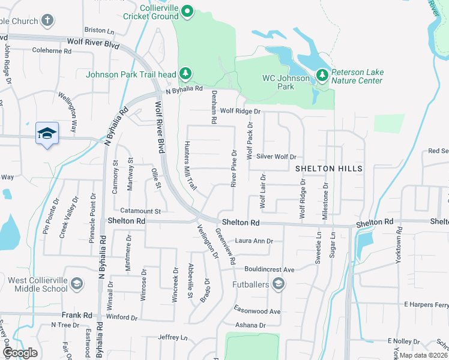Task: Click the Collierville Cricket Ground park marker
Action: pos(187,11)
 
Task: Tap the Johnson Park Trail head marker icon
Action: pos(186,74)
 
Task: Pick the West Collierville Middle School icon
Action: pos(77,284)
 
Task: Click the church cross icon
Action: pos(47,20)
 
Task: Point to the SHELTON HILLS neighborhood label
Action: pos(329,169)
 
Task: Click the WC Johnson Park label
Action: pos(287,82)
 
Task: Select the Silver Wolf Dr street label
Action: pos(276,157)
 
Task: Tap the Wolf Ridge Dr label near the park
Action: pos(240,111)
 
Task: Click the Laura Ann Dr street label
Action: pos(254,241)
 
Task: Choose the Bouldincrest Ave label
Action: pos(269,270)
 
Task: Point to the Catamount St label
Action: pos(140,211)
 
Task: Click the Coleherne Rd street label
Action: pos(52,51)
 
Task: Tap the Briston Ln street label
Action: pos(99,30)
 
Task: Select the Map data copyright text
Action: pos(424,355)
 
